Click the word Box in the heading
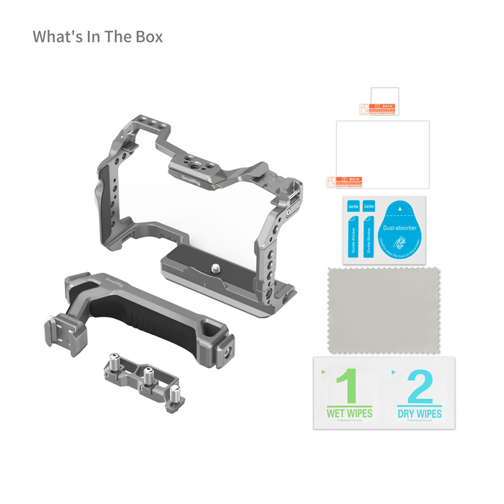click(147, 36)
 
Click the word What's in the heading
click(58, 36)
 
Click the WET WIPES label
click(348, 414)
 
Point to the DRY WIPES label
click(420, 414)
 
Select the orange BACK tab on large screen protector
click(351, 180)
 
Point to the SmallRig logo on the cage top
click(192, 176)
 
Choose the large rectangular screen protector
click(383, 151)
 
